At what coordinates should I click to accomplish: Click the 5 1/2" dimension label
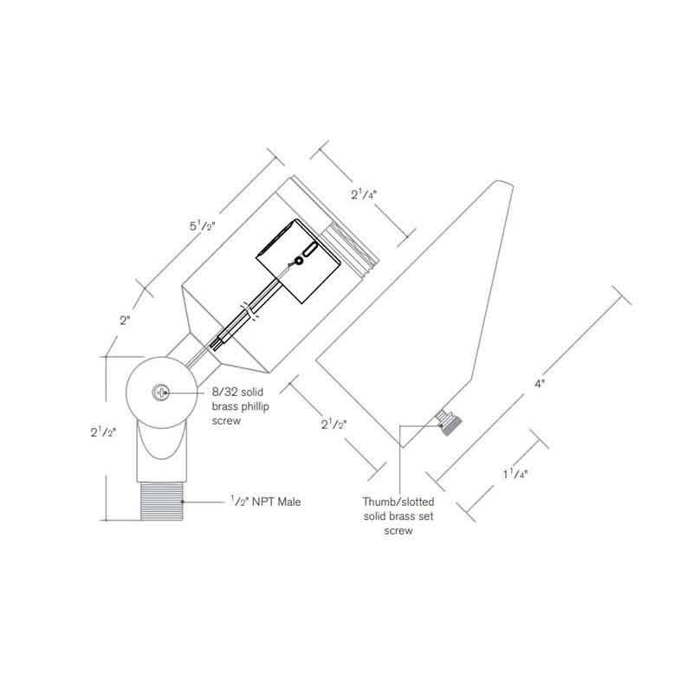point(203,226)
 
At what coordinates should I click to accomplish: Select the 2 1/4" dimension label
point(364,194)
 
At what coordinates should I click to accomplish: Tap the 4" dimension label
point(540,384)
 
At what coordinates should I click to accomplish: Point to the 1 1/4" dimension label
point(515,474)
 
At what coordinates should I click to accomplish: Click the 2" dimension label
point(125,321)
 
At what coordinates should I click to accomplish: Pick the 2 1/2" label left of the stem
point(103,431)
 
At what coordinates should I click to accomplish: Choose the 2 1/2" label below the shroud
point(334,424)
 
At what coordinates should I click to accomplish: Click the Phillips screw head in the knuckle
point(160,392)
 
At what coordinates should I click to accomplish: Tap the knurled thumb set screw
point(448,423)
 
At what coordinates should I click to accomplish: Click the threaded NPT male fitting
point(162,502)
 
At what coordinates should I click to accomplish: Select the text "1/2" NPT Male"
point(265,502)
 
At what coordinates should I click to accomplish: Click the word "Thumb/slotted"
point(398,502)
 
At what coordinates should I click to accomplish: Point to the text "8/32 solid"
point(237,392)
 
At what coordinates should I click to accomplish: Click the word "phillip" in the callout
point(253,406)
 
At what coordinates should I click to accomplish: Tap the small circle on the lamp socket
point(299,261)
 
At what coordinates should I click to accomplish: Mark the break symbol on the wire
point(249,311)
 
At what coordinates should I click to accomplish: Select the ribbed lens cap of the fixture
point(350,246)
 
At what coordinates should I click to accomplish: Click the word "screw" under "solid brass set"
point(398,530)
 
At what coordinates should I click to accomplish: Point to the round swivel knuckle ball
point(162,392)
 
